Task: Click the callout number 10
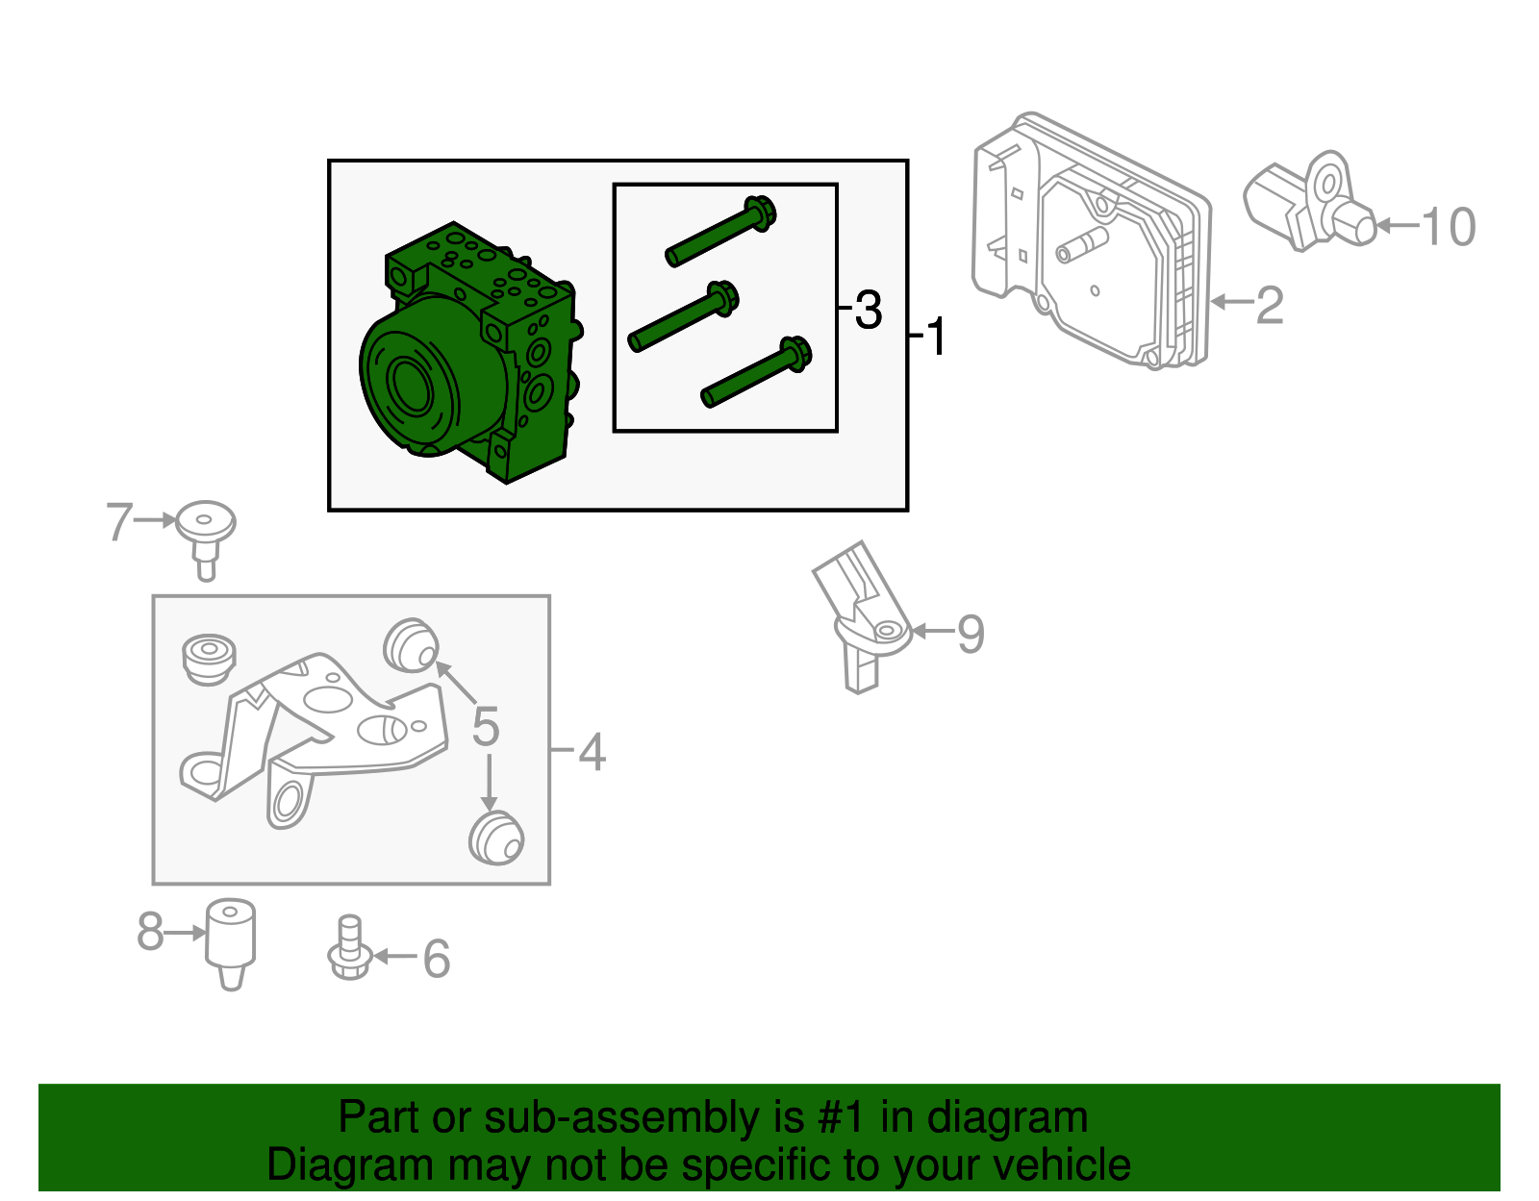(x=1448, y=227)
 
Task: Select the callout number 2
(x=1270, y=306)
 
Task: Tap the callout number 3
(x=869, y=310)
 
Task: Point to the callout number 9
(x=971, y=634)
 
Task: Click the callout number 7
(x=119, y=521)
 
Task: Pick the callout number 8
(x=150, y=932)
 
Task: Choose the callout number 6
(x=437, y=959)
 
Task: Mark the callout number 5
(x=486, y=726)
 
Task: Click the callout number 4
(x=593, y=752)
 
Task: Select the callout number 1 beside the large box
(x=936, y=337)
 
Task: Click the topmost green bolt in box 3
(x=721, y=232)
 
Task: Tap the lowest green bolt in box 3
(x=756, y=371)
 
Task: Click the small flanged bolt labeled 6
(x=349, y=948)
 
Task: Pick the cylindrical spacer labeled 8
(x=231, y=944)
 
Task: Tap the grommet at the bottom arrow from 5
(x=495, y=838)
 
